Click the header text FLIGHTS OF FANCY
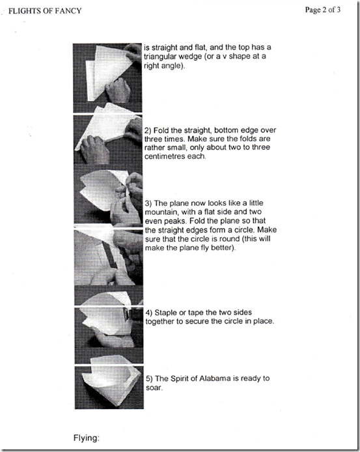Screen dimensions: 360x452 click(x=45, y=11)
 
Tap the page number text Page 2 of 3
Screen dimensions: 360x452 click(x=322, y=10)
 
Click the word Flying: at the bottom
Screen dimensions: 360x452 click(x=87, y=438)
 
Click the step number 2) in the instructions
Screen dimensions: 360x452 click(x=148, y=131)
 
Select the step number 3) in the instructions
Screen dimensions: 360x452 click(x=148, y=203)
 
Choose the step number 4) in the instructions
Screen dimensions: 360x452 click(x=148, y=313)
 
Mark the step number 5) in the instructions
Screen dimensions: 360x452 click(x=149, y=378)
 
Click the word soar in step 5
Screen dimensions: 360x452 click(x=154, y=388)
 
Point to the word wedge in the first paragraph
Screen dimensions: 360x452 click(x=193, y=57)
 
